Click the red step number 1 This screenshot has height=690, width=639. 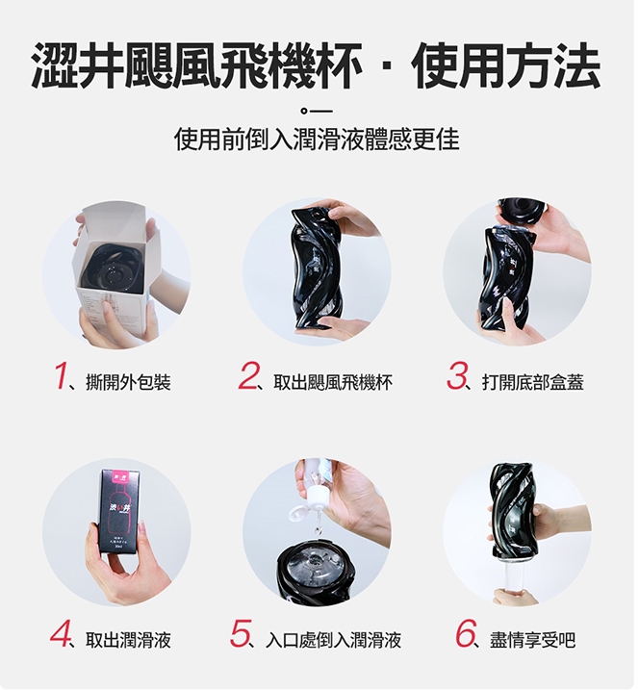[62, 376]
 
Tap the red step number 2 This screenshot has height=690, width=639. [248, 376]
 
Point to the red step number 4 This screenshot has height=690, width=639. [60, 633]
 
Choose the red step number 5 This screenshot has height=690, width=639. [241, 633]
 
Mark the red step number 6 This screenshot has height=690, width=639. [466, 633]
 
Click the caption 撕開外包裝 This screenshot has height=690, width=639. [129, 382]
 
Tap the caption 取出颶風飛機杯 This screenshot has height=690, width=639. [333, 382]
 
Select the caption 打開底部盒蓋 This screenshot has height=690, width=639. [532, 382]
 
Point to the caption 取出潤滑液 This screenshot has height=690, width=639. [128, 639]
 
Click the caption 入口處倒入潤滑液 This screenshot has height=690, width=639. [334, 639]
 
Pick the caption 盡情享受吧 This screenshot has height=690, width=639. [532, 639]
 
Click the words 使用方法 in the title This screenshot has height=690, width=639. [506, 66]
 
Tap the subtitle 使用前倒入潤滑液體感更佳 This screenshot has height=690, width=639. [317, 139]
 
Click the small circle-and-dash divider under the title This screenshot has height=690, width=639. [317, 111]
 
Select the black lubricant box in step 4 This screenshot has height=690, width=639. [120, 510]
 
